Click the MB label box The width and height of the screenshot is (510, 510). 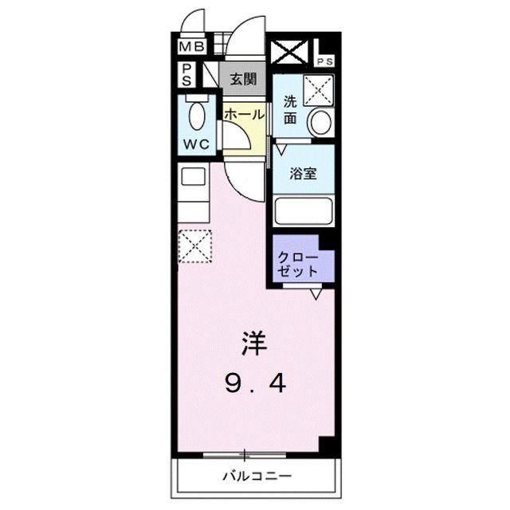(x=192, y=46)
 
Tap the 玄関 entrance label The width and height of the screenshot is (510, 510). (x=242, y=79)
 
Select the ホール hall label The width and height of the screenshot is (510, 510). (x=243, y=115)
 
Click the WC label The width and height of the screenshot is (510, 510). (x=196, y=144)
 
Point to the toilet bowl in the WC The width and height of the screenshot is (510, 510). (x=196, y=116)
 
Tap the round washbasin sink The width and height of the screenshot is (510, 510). (x=320, y=122)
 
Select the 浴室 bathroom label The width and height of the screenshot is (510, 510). (x=304, y=173)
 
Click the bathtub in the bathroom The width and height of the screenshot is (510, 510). (x=303, y=213)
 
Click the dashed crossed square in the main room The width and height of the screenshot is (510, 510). (x=195, y=245)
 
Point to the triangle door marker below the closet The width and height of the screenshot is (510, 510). (x=316, y=294)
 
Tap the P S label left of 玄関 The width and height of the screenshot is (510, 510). (x=185, y=75)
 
